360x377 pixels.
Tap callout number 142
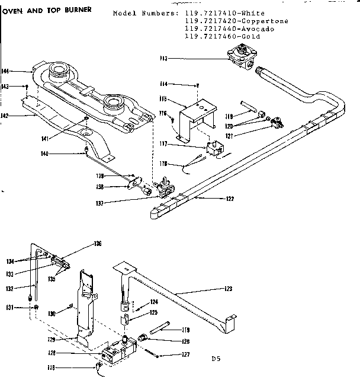point(5,116)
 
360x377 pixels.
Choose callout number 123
point(227,289)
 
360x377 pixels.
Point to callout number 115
point(163,99)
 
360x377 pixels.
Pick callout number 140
point(77,154)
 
